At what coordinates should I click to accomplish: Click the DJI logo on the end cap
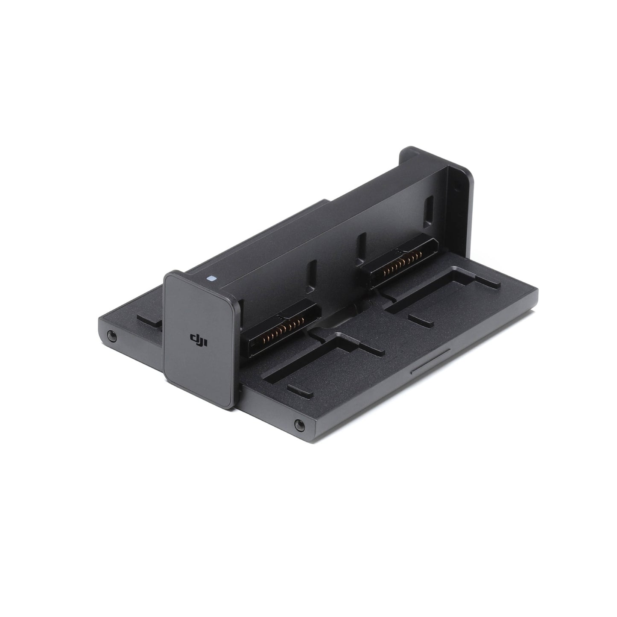click(199, 339)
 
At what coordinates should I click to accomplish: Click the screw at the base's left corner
click(112, 336)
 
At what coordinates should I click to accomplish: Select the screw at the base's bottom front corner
click(300, 425)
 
